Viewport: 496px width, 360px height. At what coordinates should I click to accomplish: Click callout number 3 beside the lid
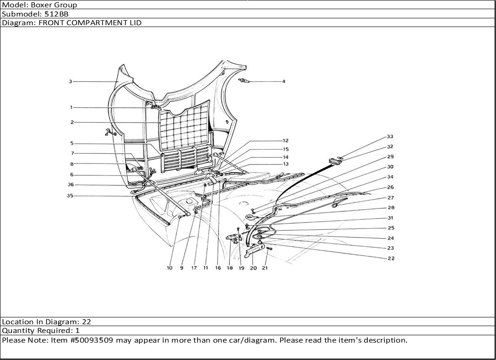[x=71, y=82]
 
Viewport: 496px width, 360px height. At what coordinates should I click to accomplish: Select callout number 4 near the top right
[x=283, y=82]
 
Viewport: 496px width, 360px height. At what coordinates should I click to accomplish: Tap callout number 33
[x=390, y=136]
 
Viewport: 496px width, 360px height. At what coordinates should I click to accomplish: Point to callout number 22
[x=391, y=258]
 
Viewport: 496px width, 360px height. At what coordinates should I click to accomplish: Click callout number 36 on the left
[x=71, y=185]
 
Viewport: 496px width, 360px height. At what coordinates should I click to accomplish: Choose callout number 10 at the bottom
[x=169, y=268]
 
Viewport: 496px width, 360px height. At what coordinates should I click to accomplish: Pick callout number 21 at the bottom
[x=265, y=268]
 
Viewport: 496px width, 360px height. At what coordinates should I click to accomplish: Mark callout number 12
[x=285, y=141]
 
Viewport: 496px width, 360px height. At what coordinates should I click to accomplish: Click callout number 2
[x=72, y=122]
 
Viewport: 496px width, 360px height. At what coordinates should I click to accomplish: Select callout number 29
[x=390, y=157]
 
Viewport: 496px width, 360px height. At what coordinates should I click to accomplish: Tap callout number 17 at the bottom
[x=194, y=268]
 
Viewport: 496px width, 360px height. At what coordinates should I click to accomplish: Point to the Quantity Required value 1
[x=77, y=331]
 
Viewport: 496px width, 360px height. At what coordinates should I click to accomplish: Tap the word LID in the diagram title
[x=135, y=22]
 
